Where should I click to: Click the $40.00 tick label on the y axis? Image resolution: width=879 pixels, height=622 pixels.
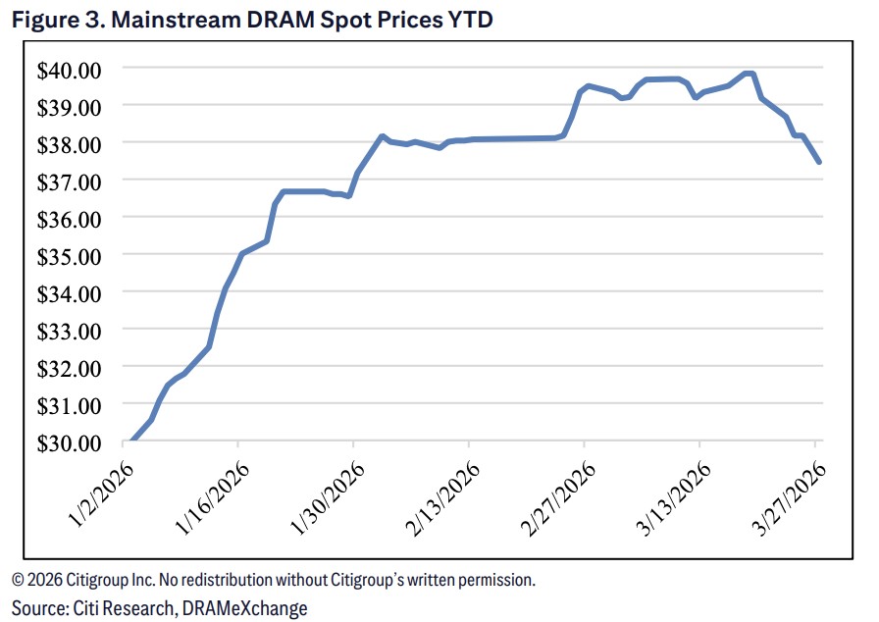69,69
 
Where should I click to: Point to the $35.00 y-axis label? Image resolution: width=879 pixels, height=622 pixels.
69,255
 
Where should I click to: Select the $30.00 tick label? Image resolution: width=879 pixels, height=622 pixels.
69,442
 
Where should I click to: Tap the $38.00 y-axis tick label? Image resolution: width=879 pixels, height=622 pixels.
69,143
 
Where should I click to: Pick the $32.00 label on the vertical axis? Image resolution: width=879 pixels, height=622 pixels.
69,368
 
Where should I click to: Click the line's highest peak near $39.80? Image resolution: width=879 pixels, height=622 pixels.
749,74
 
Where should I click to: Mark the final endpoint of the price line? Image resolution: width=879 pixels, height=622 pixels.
818,162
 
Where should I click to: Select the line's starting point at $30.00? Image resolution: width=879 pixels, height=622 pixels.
131,441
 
